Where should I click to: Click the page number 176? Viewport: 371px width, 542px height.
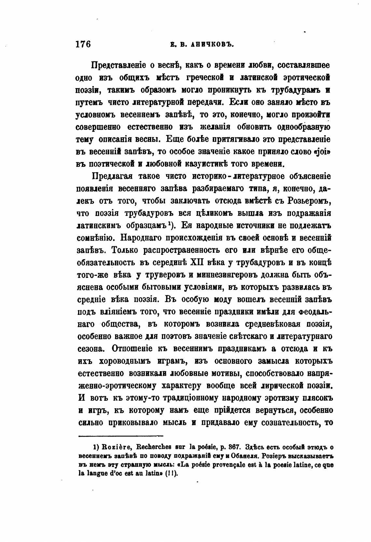tap(83, 44)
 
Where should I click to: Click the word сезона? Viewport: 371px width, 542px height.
tap(91, 349)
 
